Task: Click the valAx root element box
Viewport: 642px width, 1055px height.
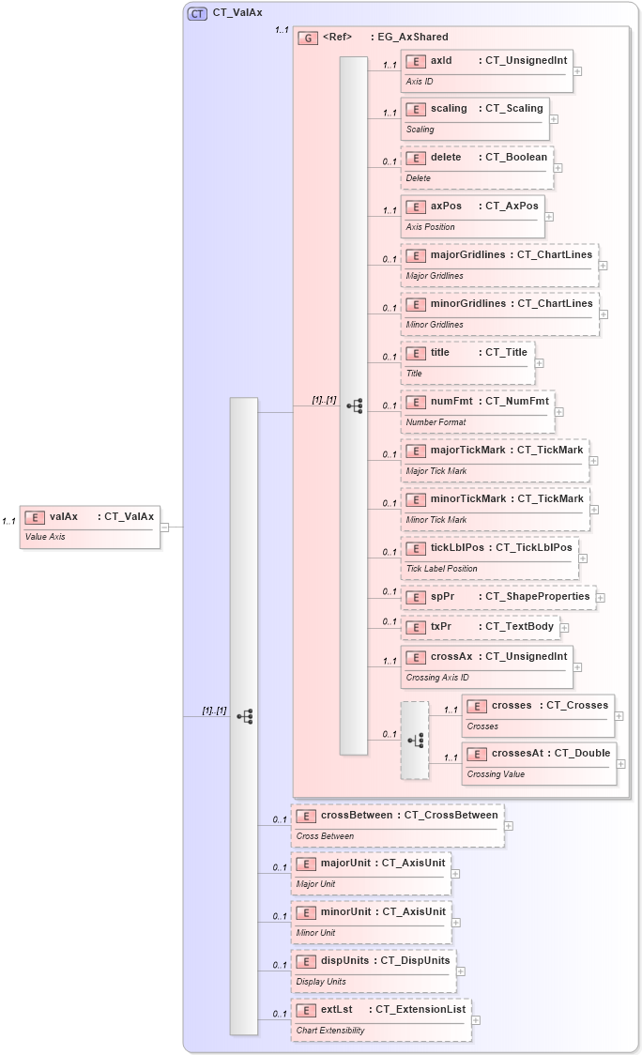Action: (x=90, y=526)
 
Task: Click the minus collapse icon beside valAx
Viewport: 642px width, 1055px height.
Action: (x=164, y=527)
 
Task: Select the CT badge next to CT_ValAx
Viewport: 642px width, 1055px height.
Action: (x=197, y=13)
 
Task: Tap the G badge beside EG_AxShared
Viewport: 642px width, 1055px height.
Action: (x=307, y=38)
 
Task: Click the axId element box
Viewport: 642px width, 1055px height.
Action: (x=486, y=70)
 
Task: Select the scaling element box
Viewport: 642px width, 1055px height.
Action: (x=474, y=118)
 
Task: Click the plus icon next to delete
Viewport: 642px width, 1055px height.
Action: (x=558, y=169)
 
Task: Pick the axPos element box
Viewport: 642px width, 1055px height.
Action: (x=472, y=216)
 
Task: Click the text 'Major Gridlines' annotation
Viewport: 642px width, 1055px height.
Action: (x=435, y=276)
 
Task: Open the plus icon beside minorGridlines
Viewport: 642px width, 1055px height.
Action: (x=604, y=314)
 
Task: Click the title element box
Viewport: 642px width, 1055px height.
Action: (x=467, y=362)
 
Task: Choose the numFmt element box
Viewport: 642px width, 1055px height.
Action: (x=477, y=411)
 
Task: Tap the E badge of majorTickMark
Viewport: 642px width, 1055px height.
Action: (x=416, y=451)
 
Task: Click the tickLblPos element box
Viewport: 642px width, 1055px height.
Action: (x=489, y=557)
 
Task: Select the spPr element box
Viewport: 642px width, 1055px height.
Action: (x=497, y=596)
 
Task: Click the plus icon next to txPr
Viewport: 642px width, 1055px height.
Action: (x=564, y=627)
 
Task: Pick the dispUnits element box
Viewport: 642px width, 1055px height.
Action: (x=373, y=971)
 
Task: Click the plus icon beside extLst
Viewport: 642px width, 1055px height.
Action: (x=476, y=1020)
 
